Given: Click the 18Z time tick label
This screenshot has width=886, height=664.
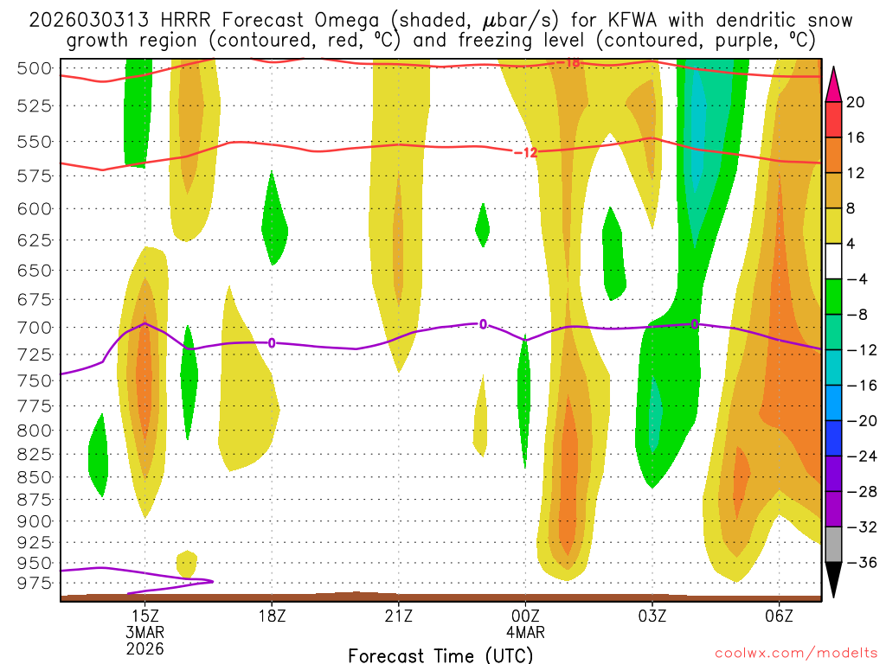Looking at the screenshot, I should point(272,616).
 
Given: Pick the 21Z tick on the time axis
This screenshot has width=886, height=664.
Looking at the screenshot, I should point(399,616).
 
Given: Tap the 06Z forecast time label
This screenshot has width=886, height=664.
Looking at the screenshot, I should point(780,616).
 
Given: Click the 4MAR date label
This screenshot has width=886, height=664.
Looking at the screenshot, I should point(525,632).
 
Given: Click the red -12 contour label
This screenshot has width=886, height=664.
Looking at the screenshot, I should point(525,153).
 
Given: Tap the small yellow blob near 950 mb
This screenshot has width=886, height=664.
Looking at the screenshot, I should point(186,563).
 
